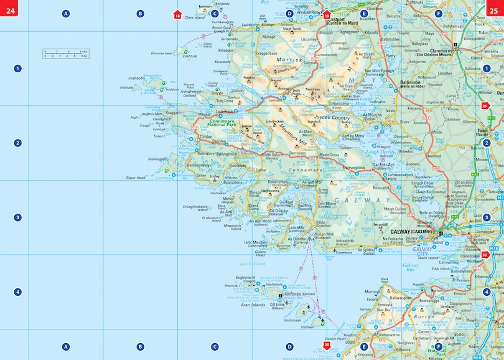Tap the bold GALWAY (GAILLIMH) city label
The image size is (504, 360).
point(411,232)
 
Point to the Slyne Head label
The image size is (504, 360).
point(135,178)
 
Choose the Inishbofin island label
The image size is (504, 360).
point(136,78)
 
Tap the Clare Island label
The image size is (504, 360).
point(195,17)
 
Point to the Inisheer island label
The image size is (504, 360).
point(307,326)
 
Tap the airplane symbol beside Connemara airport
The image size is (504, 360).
point(335,250)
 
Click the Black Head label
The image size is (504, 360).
point(385,281)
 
